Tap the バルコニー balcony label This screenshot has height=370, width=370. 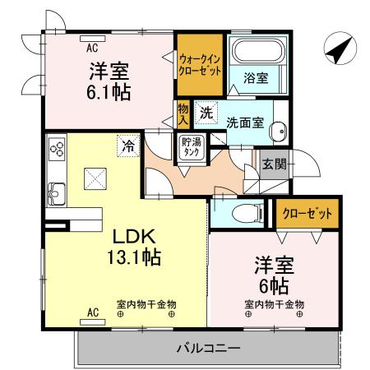pyautogui.click(x=207, y=349)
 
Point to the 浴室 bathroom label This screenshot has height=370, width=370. pyautogui.click(x=255, y=78)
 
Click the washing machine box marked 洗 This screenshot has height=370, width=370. pyautogui.click(x=208, y=111)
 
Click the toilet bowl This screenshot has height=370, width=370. pyautogui.click(x=243, y=215)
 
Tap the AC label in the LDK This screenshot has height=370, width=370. pyautogui.click(x=92, y=313)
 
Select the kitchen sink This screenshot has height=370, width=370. pyautogui.click(x=57, y=195)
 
